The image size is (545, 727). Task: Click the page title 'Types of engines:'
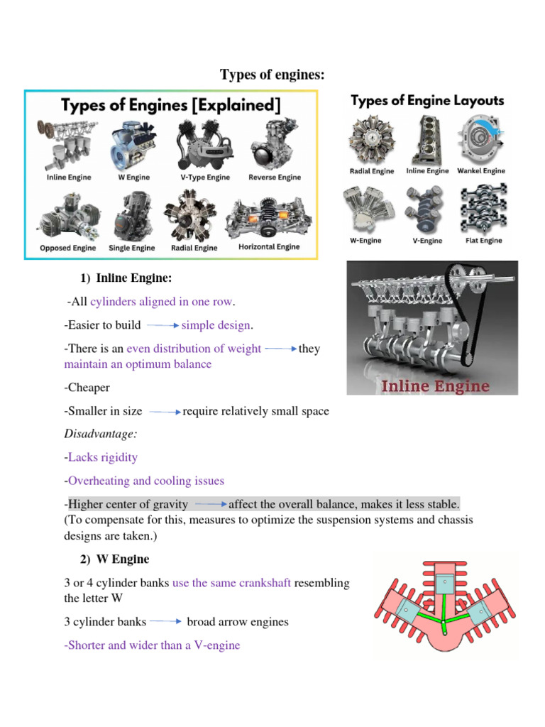click(272, 75)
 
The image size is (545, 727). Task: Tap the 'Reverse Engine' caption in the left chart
click(275, 177)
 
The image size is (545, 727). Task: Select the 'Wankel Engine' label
click(481, 171)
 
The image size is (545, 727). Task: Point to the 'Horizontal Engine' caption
click(269, 247)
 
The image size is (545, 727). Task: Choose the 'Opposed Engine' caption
click(68, 248)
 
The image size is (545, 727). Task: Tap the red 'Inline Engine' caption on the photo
click(436, 386)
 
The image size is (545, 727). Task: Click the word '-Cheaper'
click(87, 388)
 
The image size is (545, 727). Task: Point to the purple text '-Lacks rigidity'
click(101, 457)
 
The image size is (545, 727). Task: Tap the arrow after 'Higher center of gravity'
click(211, 505)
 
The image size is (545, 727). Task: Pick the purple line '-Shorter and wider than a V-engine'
click(152, 645)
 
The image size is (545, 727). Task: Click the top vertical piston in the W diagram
click(443, 584)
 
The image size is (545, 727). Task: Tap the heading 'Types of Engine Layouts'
click(428, 101)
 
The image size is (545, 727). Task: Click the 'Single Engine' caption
click(131, 248)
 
